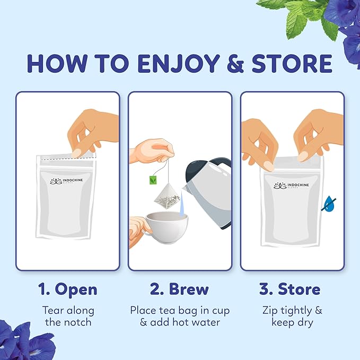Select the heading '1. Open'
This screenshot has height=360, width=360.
(67, 289)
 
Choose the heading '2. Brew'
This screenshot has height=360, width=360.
(179, 289)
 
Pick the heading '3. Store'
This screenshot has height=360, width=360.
(290, 289)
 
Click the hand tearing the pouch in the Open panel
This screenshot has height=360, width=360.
(90, 133)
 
